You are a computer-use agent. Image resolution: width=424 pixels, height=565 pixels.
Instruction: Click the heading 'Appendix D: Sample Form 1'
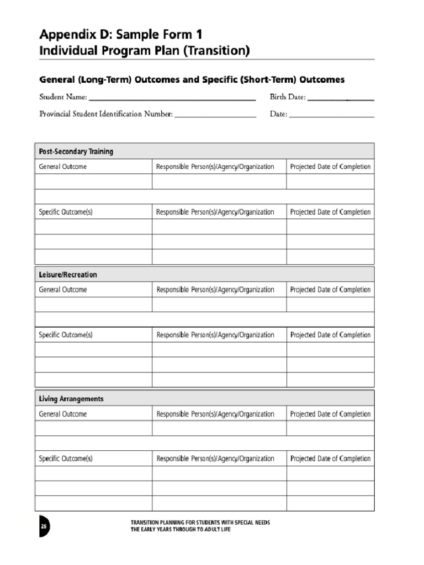tap(124, 34)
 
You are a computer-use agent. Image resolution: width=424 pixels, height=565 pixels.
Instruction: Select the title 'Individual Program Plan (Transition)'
tap(145, 51)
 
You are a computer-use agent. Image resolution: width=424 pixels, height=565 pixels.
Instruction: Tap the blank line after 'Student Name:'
tap(172, 98)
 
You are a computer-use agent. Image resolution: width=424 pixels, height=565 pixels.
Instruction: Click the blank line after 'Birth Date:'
tap(341, 98)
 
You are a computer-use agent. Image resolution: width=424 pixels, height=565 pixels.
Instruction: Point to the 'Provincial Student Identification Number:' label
tap(106, 115)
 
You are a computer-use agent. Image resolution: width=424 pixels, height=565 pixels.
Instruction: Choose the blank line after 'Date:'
tap(331, 115)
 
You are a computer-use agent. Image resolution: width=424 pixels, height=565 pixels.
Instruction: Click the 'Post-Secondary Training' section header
tap(76, 152)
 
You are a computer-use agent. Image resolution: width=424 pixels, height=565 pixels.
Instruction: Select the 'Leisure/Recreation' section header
tap(68, 275)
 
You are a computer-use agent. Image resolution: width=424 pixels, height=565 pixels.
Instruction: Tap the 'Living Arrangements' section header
tap(71, 399)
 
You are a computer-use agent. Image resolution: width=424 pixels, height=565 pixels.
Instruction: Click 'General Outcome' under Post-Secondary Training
tap(62, 167)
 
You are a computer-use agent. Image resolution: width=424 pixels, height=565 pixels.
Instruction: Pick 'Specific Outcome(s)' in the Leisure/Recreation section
tap(66, 335)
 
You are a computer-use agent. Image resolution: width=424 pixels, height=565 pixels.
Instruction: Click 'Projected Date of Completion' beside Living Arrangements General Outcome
tap(330, 414)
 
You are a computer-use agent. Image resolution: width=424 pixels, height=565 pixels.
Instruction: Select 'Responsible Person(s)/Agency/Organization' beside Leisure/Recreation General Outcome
tap(215, 290)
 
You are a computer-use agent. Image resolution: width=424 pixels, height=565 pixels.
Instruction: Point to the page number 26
tap(43, 527)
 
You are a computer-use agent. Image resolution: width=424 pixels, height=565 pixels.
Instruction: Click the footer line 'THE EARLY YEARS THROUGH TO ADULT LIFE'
tap(180, 530)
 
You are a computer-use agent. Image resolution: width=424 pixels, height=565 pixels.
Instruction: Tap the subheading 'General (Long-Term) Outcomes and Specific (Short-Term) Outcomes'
tap(192, 80)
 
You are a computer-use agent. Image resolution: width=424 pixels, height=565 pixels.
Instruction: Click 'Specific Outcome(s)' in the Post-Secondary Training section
tap(66, 212)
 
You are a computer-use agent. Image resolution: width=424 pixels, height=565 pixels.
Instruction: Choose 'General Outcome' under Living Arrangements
tap(62, 414)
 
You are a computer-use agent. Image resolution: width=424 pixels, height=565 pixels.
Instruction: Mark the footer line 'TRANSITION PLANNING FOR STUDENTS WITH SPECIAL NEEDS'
tap(200, 523)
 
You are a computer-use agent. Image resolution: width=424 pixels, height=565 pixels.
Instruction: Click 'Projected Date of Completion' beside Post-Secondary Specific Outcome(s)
tap(330, 212)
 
